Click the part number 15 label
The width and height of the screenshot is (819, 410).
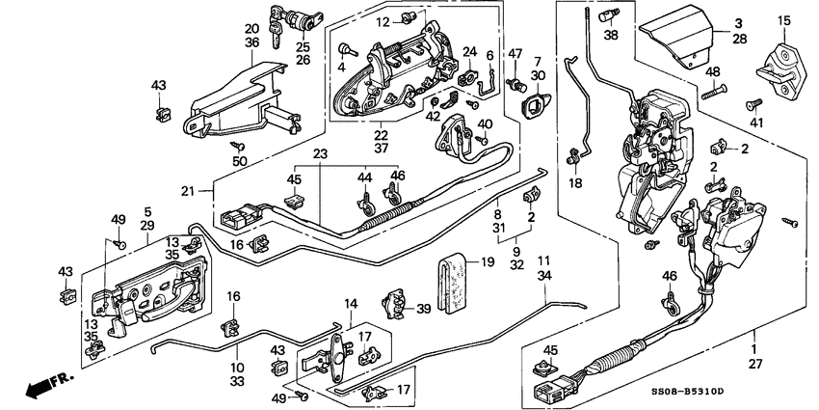[783, 19]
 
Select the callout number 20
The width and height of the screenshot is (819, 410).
[251, 29]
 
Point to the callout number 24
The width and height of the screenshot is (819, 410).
[469, 51]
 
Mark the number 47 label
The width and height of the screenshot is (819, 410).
[515, 53]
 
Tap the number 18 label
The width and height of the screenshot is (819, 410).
[576, 182]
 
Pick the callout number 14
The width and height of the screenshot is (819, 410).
[352, 304]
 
